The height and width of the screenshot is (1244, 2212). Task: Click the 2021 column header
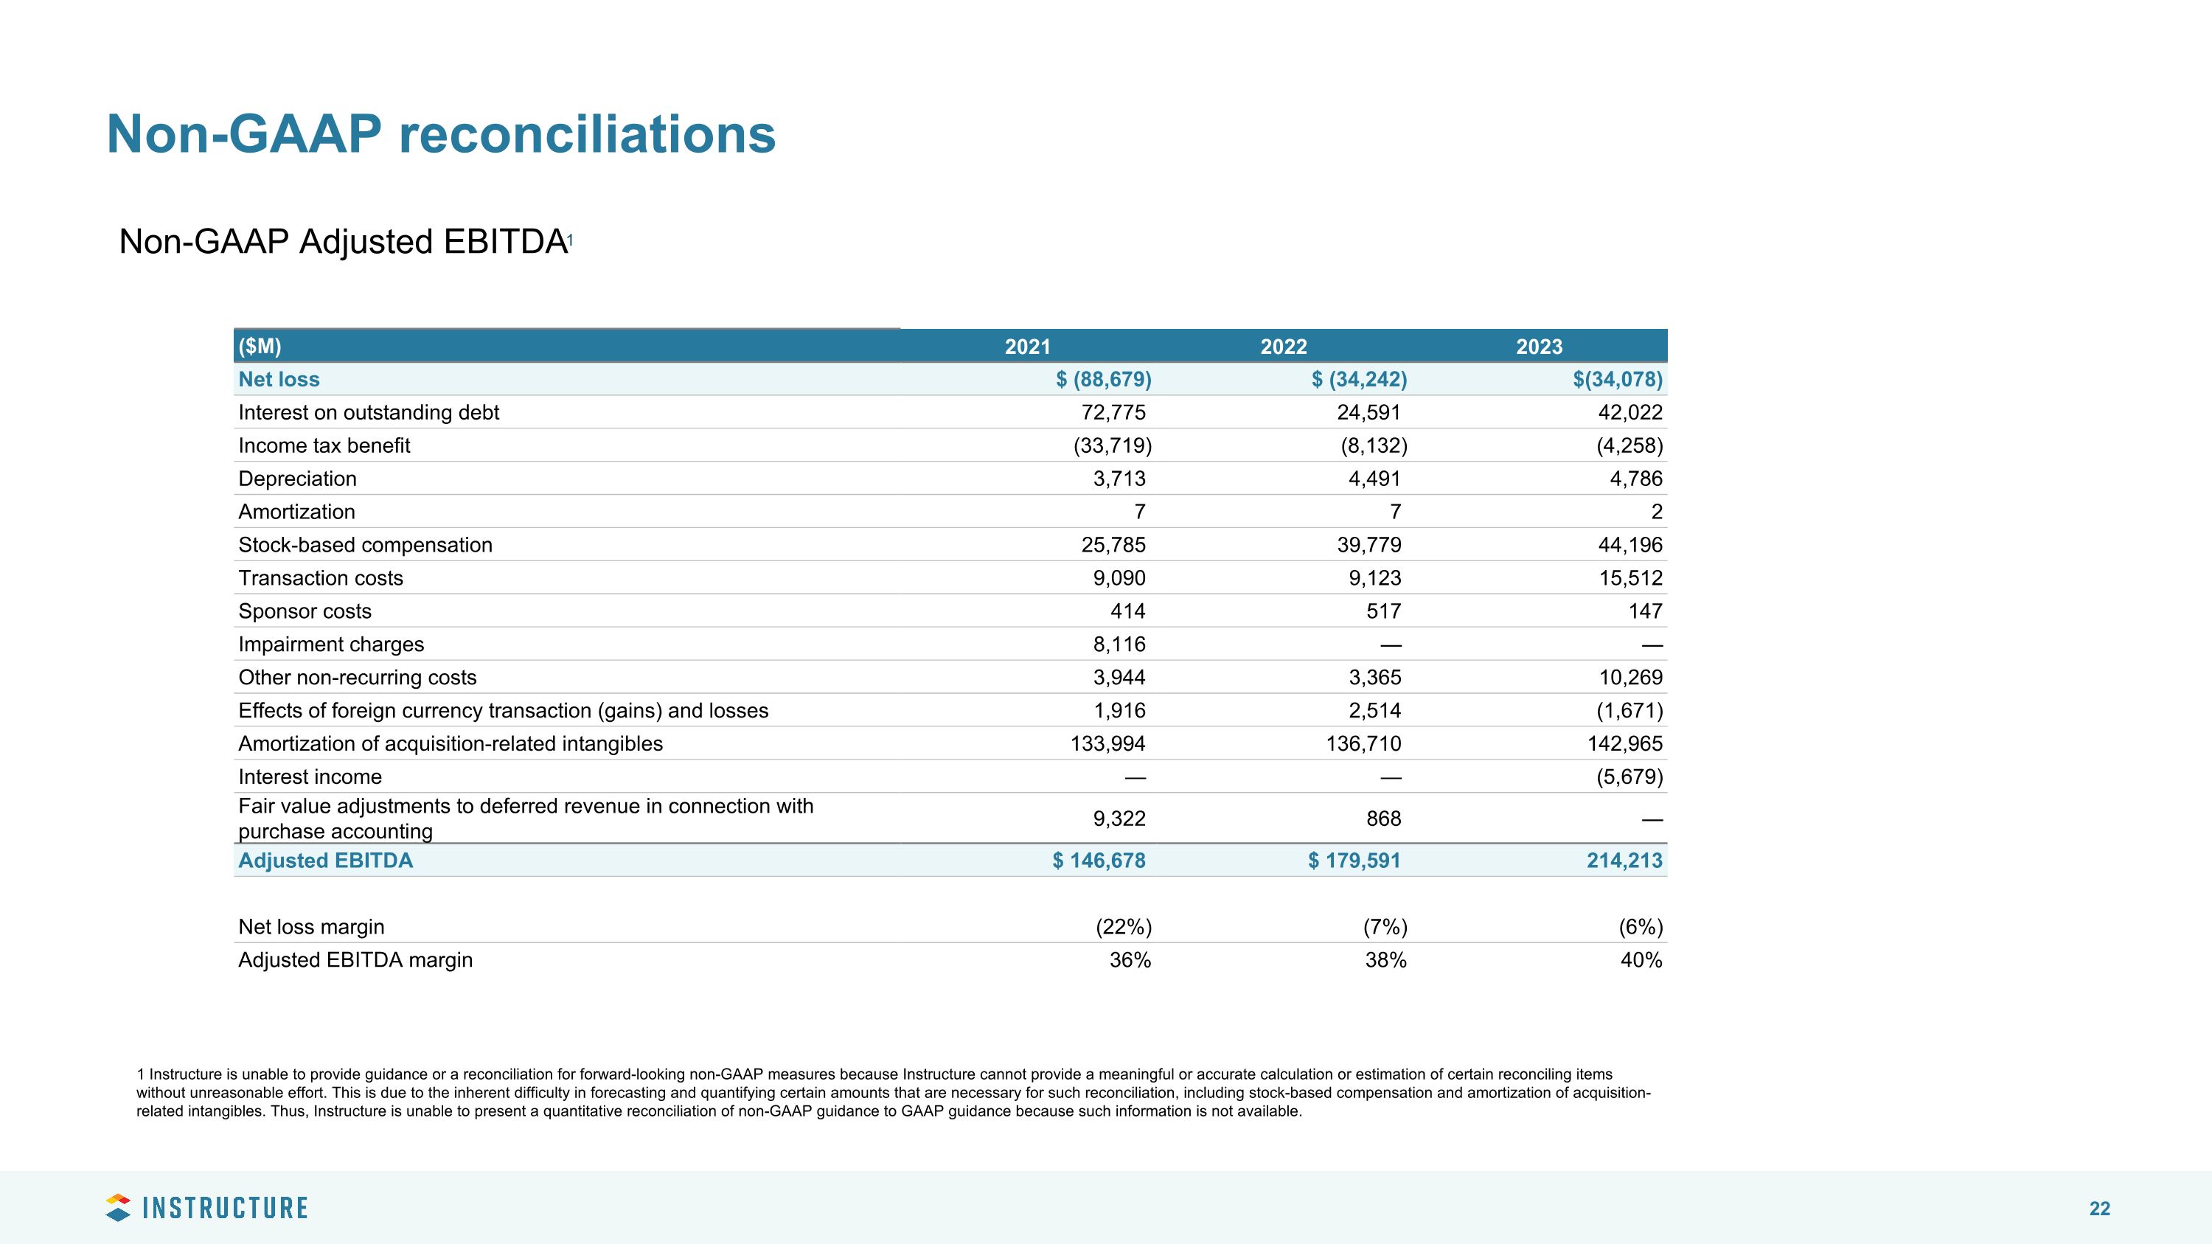(x=1027, y=347)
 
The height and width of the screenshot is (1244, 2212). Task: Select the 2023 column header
(x=1539, y=347)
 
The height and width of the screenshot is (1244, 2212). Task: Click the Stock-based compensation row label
(x=365, y=545)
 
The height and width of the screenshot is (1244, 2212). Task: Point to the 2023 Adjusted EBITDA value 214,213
(x=1624, y=861)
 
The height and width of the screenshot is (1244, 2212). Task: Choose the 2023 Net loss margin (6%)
(x=1640, y=927)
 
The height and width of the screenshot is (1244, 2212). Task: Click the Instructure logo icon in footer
(x=118, y=1207)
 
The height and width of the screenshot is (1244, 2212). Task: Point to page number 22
(x=2098, y=1209)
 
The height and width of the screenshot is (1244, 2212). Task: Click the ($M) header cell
(x=260, y=347)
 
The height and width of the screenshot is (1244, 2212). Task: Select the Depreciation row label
(x=297, y=479)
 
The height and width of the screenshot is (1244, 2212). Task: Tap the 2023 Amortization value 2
(x=1657, y=512)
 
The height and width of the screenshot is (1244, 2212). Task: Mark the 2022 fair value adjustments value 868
(x=1382, y=819)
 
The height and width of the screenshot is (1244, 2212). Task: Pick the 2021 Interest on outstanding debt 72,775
(x=1113, y=413)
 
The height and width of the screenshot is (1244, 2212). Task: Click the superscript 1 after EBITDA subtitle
(x=569, y=240)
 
